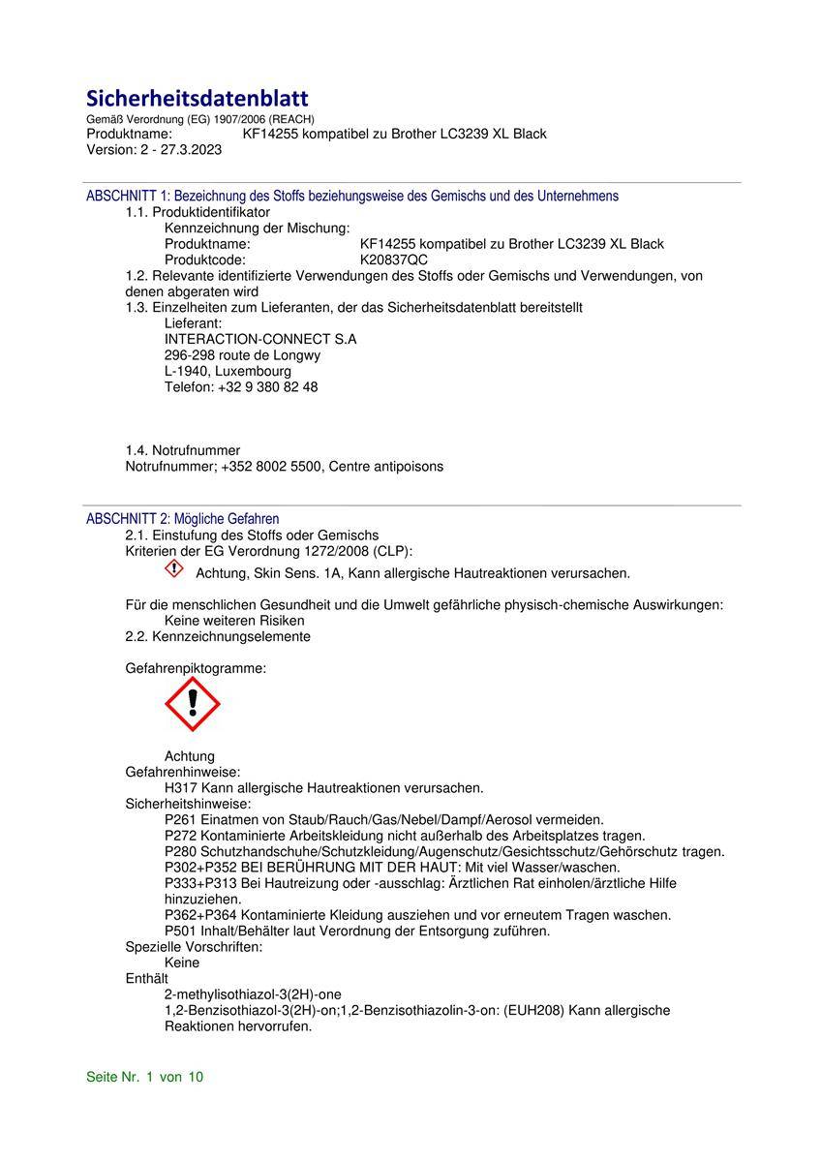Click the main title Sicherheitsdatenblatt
pyautogui.click(x=198, y=99)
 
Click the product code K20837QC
pyautogui.click(x=393, y=260)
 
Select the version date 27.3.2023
pyautogui.click(x=187, y=149)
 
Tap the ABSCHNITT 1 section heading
pyautogui.click(x=352, y=196)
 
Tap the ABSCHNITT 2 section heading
pyautogui.click(x=182, y=519)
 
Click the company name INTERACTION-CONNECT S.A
pyautogui.click(x=260, y=339)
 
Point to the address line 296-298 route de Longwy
pyautogui.click(x=242, y=355)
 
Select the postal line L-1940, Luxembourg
pyautogui.click(x=228, y=371)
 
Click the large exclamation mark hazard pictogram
pyautogui.click(x=193, y=704)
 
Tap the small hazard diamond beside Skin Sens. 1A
pyautogui.click(x=173, y=569)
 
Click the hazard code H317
pyautogui.click(x=181, y=788)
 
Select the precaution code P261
pyautogui.click(x=181, y=819)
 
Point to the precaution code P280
pyautogui.click(x=181, y=851)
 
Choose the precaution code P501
pyautogui.click(x=181, y=931)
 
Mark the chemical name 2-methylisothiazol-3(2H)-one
pyautogui.click(x=253, y=994)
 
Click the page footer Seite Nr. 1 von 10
pyautogui.click(x=145, y=1077)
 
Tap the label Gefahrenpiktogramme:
pyautogui.click(x=196, y=668)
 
